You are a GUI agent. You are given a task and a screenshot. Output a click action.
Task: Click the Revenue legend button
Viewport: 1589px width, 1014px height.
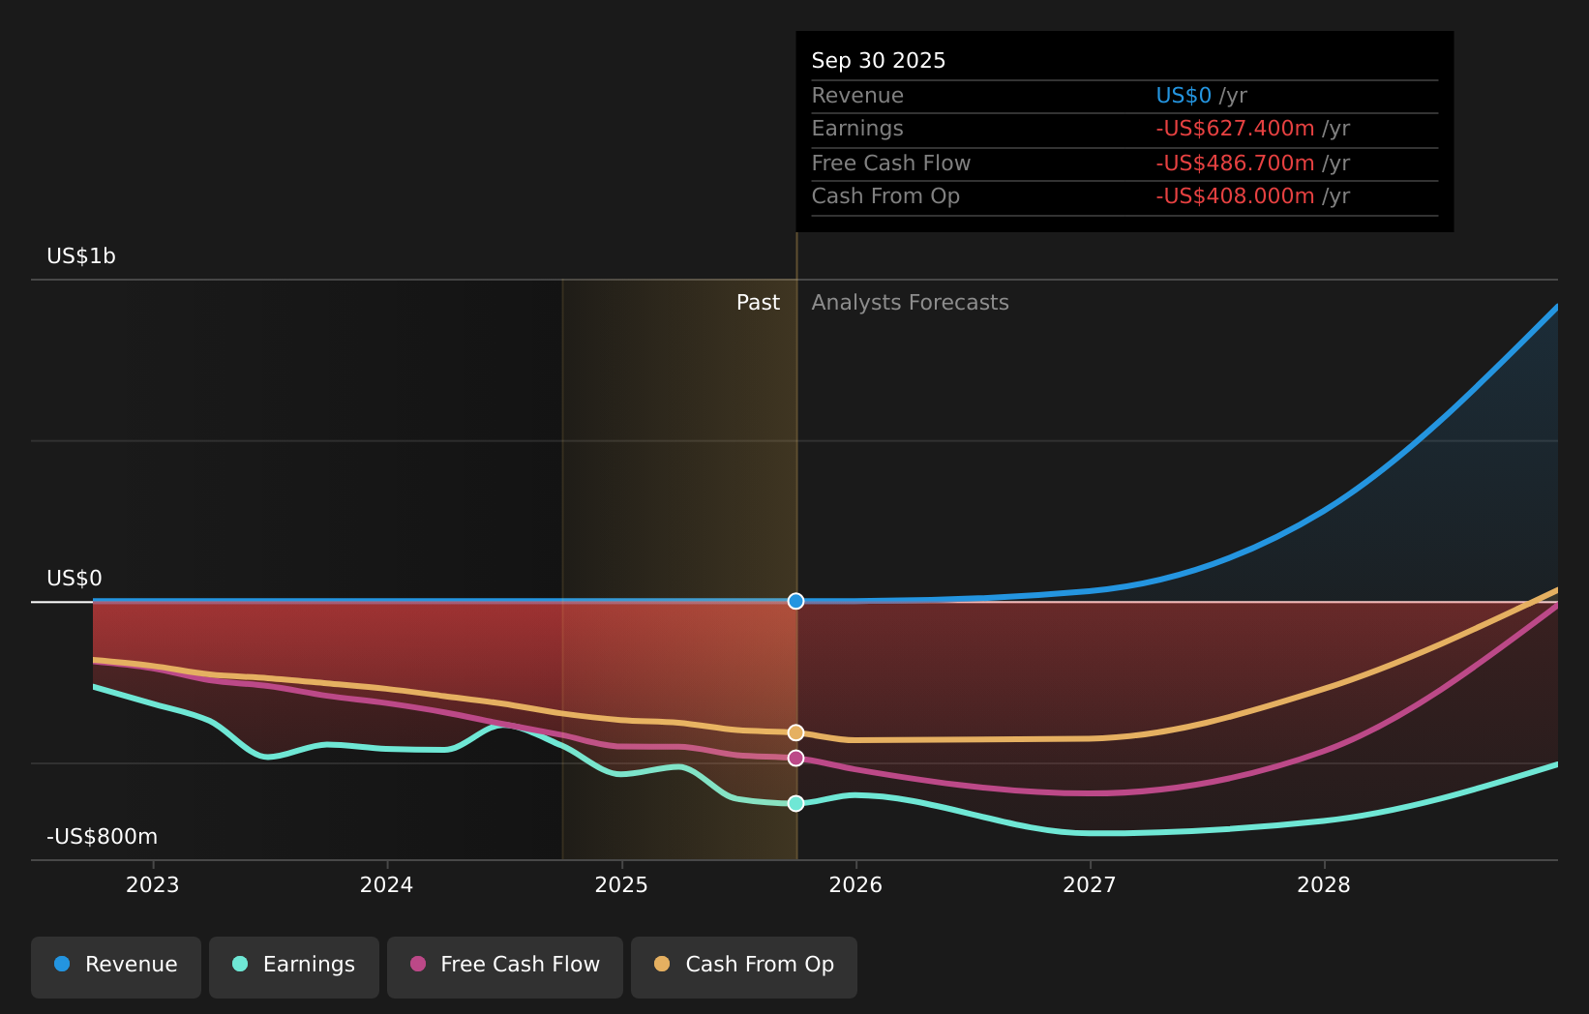(x=115, y=968)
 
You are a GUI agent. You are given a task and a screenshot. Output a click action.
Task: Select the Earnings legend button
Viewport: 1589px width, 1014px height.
(x=293, y=968)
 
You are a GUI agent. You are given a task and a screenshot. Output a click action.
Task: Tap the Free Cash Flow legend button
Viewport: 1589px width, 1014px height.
(x=504, y=968)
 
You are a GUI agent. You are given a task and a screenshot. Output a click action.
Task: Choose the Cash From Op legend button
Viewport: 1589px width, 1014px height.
(x=743, y=968)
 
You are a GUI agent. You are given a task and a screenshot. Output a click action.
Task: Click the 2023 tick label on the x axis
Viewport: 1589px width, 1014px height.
(x=153, y=885)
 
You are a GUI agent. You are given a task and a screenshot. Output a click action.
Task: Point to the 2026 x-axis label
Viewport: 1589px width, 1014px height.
(x=855, y=885)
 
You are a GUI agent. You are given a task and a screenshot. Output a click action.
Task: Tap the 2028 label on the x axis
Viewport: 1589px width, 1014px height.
(x=1324, y=885)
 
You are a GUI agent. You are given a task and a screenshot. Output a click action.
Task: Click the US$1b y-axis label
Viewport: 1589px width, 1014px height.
(x=81, y=256)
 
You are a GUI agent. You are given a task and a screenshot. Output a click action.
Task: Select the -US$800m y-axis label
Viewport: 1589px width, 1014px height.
(x=103, y=837)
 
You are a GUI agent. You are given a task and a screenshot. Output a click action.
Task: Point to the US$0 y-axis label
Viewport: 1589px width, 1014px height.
(x=75, y=579)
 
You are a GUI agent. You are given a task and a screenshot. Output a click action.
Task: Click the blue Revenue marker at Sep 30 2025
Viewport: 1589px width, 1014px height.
(x=795, y=601)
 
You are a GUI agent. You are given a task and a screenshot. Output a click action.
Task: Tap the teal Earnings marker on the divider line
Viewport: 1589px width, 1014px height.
(x=795, y=803)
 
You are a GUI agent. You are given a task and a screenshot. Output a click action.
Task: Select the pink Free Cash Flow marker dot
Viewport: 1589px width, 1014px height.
(x=795, y=758)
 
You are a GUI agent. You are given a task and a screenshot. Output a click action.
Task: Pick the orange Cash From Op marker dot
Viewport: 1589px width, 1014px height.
(x=795, y=732)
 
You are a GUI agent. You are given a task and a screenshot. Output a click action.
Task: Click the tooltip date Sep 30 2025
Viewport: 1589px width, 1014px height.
(x=878, y=61)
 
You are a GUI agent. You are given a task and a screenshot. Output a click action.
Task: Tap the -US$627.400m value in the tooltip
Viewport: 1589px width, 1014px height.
(x=1235, y=129)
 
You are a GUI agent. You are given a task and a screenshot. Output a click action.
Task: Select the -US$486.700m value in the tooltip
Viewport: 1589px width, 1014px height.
(x=1235, y=164)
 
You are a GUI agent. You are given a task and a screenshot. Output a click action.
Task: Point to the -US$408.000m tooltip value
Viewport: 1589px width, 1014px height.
(x=1235, y=196)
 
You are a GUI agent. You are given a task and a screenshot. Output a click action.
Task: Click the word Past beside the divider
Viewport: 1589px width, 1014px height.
(x=758, y=303)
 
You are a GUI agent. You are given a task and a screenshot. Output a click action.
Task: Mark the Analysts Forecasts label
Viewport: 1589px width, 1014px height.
(x=910, y=303)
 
